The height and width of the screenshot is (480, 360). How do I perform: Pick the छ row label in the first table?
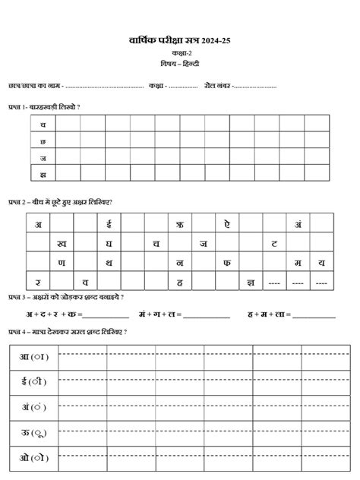(43, 141)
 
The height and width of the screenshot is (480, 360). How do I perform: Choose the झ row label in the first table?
(43, 174)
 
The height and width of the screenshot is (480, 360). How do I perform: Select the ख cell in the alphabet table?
(62, 243)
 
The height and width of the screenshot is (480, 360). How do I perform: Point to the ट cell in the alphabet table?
(274, 243)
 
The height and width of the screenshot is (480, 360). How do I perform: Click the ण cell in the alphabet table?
(62, 263)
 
